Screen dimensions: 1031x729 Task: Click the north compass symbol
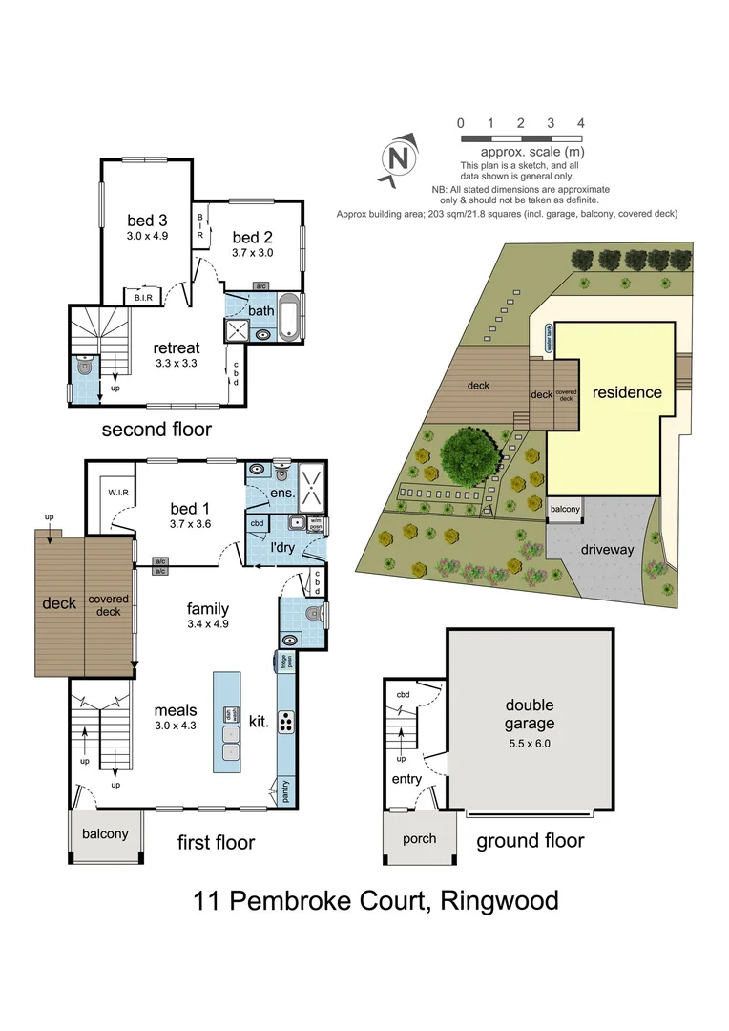[400, 158]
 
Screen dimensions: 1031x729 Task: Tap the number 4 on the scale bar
[580, 123]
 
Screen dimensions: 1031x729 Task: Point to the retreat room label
[174, 347]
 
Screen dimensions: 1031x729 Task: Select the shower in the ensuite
[309, 481]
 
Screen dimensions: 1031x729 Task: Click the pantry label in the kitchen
[285, 790]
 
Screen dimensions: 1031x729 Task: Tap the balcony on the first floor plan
[104, 833]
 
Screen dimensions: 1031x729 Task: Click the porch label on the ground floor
[419, 838]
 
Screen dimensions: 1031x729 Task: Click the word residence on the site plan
[626, 392]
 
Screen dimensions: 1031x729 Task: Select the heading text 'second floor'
[156, 429]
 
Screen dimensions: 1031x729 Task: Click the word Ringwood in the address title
[499, 900]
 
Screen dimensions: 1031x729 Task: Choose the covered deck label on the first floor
[109, 605]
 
